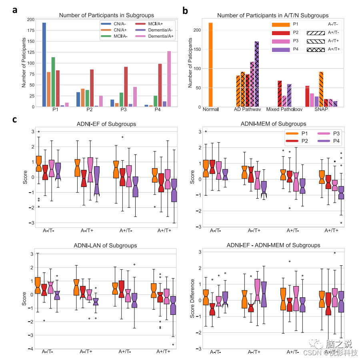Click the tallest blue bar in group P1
44,64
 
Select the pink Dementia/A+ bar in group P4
169,79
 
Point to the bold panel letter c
15,119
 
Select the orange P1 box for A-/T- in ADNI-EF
39,163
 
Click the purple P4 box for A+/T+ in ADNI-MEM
342,193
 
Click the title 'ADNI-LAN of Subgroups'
106,245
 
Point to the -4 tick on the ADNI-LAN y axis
30,349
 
